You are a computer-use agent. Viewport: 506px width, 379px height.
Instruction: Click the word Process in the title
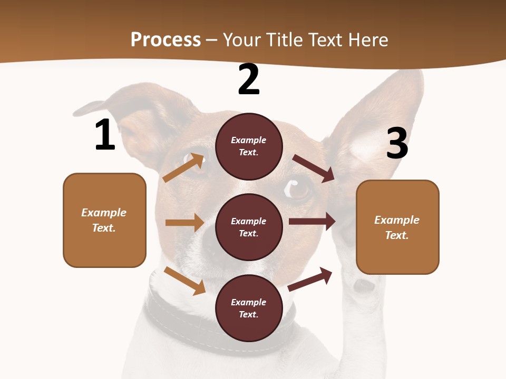[166, 39]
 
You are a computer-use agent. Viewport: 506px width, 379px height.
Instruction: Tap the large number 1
[104, 135]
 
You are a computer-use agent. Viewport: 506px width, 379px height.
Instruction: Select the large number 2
[249, 80]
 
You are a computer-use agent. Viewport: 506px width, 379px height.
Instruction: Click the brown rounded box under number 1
[104, 220]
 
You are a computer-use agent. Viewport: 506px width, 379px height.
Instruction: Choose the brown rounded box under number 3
[397, 227]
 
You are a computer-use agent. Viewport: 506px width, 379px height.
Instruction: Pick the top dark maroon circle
[249, 146]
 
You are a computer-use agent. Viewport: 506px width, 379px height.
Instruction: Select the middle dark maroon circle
[249, 227]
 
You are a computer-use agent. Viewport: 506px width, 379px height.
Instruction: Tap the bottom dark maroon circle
[249, 308]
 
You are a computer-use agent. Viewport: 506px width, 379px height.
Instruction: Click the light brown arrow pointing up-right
[183, 168]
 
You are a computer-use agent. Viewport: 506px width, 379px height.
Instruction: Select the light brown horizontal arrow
[184, 223]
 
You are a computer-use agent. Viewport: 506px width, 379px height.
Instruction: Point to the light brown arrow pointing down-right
[184, 281]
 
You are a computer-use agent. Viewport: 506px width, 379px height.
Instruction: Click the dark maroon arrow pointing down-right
[314, 168]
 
